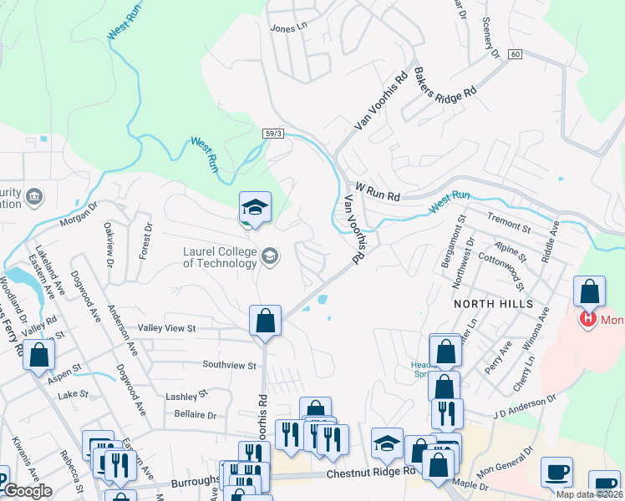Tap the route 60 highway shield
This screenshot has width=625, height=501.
(515, 54)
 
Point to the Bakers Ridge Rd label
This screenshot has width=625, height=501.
(446, 91)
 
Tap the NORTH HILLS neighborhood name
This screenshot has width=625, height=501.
(493, 305)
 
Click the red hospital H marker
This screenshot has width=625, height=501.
(587, 318)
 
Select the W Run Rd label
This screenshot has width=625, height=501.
(378, 194)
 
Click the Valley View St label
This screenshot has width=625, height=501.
(166, 329)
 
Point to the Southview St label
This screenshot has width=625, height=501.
(228, 365)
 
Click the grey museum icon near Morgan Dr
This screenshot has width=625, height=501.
(34, 197)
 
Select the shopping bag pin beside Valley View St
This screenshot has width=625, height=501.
(265, 321)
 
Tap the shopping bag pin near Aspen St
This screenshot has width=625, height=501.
(38, 356)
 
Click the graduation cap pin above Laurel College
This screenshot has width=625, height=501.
(255, 207)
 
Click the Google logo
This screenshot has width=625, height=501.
(28, 491)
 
